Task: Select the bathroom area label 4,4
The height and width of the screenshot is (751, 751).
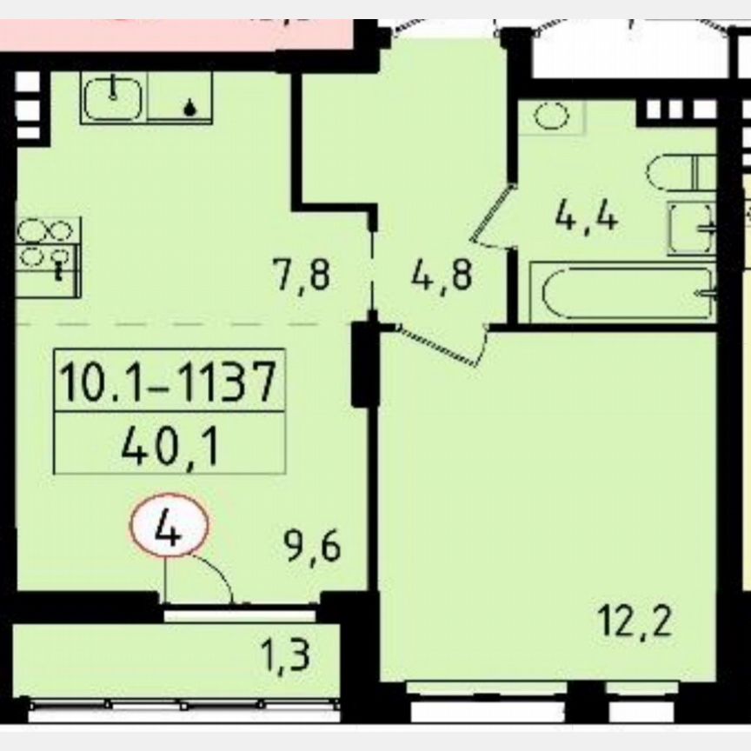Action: click(587, 216)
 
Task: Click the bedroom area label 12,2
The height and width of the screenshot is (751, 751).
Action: click(635, 622)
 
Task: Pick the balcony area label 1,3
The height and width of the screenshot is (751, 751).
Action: click(286, 655)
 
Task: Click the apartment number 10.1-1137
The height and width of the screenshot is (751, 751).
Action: click(169, 382)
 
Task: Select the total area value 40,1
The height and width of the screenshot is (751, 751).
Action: click(169, 448)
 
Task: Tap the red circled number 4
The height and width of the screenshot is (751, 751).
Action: click(169, 529)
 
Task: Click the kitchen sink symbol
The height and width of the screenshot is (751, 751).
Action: click(114, 96)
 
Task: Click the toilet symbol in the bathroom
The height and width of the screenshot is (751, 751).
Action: click(680, 173)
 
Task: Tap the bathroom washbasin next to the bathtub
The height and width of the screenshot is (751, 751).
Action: click(692, 228)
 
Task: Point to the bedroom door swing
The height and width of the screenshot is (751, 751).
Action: click(443, 343)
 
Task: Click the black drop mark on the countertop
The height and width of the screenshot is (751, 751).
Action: click(188, 108)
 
